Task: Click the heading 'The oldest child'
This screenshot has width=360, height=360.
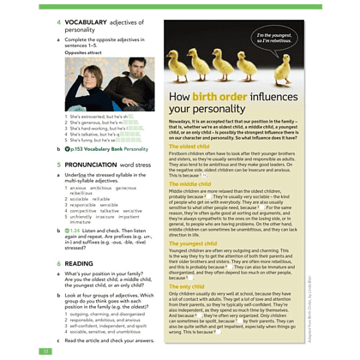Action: click(x=189, y=147)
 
